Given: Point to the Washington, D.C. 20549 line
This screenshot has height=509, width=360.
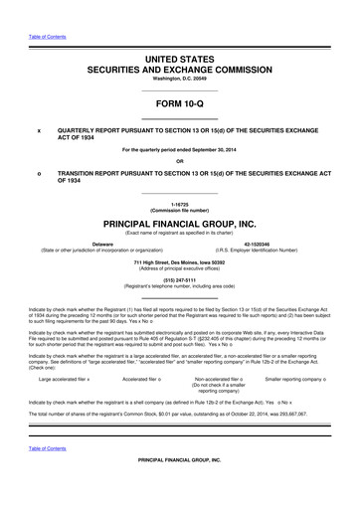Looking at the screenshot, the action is [180, 78].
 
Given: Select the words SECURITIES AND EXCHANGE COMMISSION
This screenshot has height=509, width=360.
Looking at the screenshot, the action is [180, 68].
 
